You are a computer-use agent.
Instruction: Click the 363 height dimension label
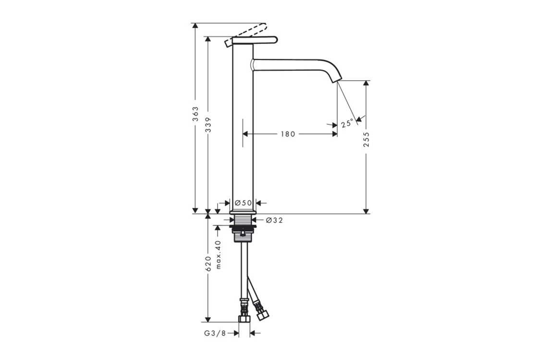tap(195, 114)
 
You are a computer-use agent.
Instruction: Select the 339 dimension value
tap(208, 125)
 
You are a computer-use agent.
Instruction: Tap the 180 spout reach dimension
tap(288, 134)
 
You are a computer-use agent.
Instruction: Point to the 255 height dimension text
tap(367, 139)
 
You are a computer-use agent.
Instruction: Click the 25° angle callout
tap(347, 123)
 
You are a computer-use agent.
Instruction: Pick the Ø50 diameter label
tap(243, 203)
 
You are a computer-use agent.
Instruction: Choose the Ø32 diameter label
tap(274, 220)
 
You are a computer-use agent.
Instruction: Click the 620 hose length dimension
tap(208, 264)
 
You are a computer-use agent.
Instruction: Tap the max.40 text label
tap(219, 254)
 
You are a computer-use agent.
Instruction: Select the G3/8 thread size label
tap(215, 333)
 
